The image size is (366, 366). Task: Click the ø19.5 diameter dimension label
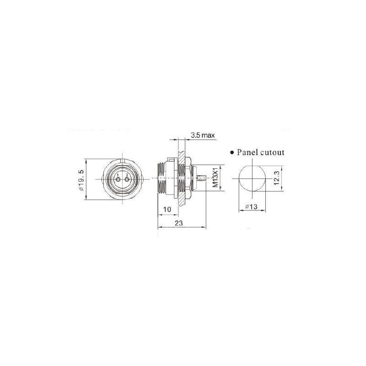pyautogui.click(x=81, y=180)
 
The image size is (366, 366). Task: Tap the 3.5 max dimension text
pyautogui.click(x=203, y=135)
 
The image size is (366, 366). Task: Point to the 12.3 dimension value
pyautogui.click(x=277, y=178)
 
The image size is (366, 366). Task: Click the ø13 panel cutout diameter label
pyautogui.click(x=251, y=207)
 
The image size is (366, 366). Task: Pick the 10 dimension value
pyautogui.click(x=167, y=210)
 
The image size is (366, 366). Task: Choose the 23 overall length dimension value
pyautogui.click(x=179, y=223)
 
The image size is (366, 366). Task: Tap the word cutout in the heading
pyautogui.click(x=272, y=153)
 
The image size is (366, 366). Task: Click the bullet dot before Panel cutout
pyautogui.click(x=232, y=153)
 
